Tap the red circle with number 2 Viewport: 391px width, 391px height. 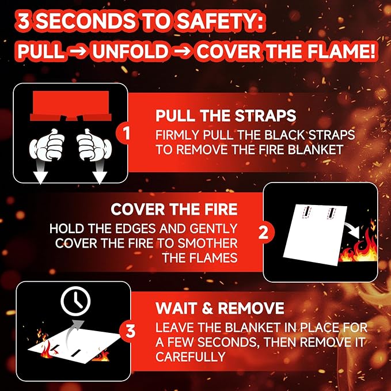pos(264,233)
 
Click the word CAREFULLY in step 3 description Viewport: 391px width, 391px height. pos(190,357)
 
